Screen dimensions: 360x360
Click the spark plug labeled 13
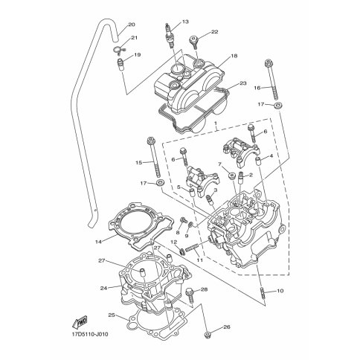[169, 36]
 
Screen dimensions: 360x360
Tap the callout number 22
[214, 32]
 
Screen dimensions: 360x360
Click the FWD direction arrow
[80, 323]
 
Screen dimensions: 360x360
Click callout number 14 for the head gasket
[98, 242]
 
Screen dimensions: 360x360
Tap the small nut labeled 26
[208, 335]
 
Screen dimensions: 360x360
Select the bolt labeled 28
[190, 295]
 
